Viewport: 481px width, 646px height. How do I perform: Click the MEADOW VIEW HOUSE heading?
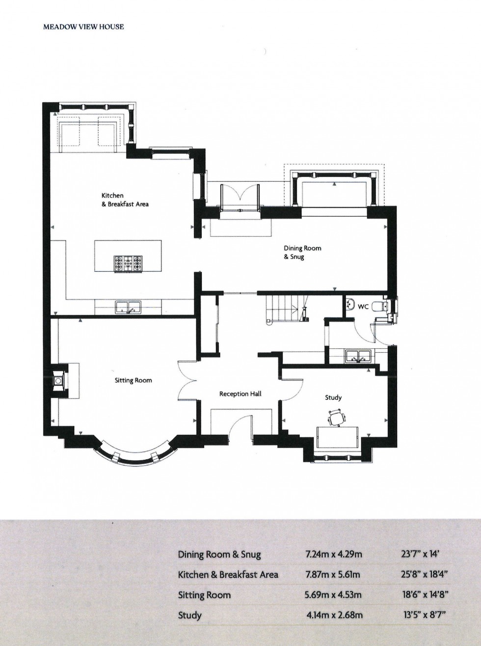pos(83,27)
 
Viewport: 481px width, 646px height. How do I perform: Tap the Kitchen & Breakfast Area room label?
pos(125,200)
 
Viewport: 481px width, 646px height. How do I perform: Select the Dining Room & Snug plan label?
pos(302,253)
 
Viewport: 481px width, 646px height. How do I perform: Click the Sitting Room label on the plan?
pos(134,380)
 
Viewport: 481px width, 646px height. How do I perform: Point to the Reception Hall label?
pos(240,393)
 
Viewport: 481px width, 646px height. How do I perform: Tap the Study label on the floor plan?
pos(333,397)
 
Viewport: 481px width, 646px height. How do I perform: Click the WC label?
pos(363,307)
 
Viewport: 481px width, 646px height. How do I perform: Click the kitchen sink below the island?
pos(128,308)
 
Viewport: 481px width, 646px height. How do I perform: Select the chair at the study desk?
pos(336,418)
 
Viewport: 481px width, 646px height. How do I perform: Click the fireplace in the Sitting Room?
pos(58,379)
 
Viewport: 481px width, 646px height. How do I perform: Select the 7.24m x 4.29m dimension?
pos(333,555)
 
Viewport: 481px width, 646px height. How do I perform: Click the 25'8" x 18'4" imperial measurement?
pos(425,574)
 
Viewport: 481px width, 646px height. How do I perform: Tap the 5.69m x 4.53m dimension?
pos(333,595)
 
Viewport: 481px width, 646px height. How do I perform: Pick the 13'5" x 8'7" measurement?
pos(425,615)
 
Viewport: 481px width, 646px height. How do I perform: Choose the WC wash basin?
pos(350,304)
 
